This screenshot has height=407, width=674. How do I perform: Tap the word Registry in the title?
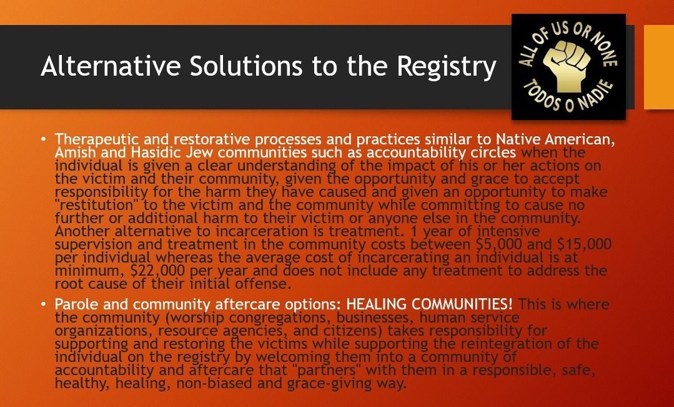click(447, 67)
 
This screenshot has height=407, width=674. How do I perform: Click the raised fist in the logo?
click(566, 65)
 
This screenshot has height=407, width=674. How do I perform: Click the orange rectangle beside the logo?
click(658, 67)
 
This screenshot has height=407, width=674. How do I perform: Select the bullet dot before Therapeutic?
click(43, 139)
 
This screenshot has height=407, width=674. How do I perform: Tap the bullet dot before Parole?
click(43, 304)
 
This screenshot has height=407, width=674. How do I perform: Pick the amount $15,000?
click(584, 244)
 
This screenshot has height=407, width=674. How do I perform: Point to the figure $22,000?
click(158, 271)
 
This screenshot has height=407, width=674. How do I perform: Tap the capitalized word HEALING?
click(377, 304)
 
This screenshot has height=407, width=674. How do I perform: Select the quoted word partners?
click(329, 370)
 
